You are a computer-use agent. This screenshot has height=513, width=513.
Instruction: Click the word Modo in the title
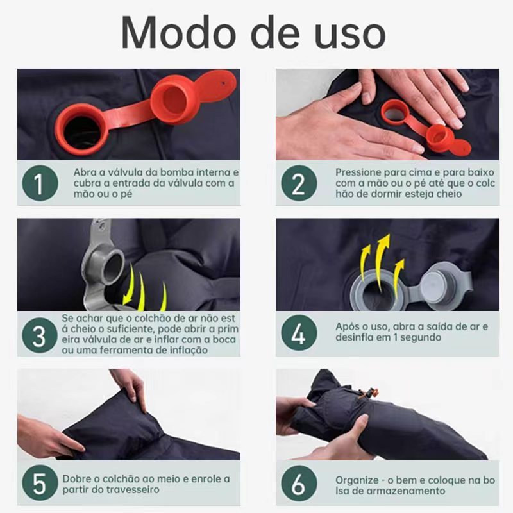(x=178, y=33)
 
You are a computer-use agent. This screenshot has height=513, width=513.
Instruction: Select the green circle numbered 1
(x=40, y=183)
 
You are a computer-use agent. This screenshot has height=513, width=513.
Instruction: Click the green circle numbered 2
(x=299, y=183)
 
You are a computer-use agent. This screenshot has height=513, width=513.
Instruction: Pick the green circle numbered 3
(x=40, y=335)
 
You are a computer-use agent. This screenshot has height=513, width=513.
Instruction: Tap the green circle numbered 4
(x=299, y=333)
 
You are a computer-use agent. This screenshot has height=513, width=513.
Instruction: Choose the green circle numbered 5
(x=40, y=483)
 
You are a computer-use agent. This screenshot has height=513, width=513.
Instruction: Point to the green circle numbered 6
(x=299, y=484)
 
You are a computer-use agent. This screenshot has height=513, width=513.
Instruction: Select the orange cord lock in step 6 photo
(x=369, y=392)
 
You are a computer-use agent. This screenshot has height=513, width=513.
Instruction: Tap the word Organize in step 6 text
(x=357, y=480)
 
